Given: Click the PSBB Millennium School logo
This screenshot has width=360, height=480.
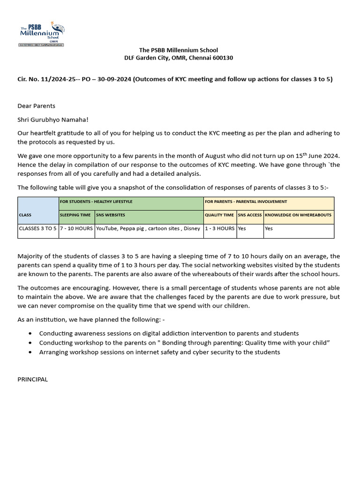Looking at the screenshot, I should point(40,33).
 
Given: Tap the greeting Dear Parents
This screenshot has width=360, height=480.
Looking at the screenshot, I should point(36,106).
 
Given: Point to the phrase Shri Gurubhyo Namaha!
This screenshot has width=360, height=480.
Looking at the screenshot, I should point(52,120).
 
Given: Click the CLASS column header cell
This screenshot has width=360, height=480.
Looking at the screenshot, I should point(38,215).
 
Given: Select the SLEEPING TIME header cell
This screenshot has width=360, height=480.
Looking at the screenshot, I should point(76,215).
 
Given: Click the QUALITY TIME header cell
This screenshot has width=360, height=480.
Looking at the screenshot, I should point(219,215).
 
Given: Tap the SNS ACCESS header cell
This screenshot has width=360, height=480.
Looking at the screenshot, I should point(250,215).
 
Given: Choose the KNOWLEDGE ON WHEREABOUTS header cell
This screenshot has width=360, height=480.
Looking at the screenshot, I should point(298,215).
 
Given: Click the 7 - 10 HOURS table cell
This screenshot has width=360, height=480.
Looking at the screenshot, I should point(76,229).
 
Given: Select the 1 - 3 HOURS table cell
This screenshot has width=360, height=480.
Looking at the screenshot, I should point(219,229).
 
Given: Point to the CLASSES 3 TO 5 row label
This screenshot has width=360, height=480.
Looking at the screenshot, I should point(37,229).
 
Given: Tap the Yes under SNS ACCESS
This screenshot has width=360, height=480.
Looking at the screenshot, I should point(242,229).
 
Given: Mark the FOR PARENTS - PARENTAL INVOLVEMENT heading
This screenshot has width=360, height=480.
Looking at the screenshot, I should point(246,202).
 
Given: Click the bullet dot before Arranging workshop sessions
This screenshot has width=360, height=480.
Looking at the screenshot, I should point(30,352).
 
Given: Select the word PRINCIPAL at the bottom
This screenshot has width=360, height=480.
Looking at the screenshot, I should point(33,379).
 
